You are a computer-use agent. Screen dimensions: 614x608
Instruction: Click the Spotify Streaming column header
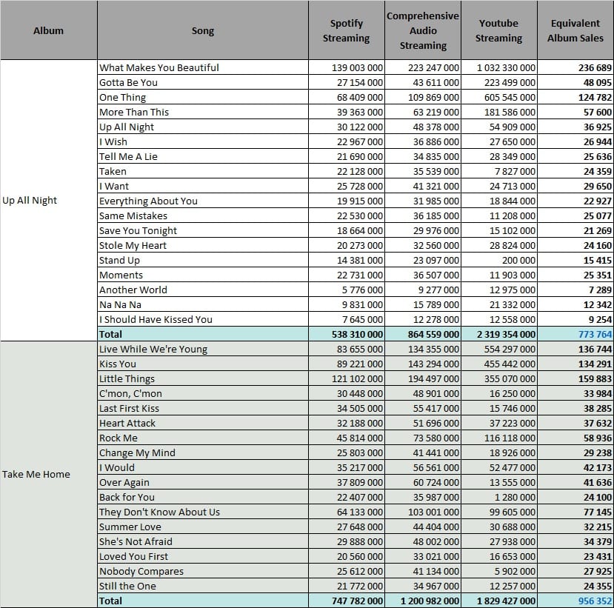click(346, 30)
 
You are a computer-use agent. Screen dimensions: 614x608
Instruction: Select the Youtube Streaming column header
click(498, 30)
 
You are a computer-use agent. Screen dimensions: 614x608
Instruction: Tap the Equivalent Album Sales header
click(575, 30)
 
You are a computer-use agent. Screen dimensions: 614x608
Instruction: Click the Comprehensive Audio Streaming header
click(422, 30)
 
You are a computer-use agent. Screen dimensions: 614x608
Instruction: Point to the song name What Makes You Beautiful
click(159, 67)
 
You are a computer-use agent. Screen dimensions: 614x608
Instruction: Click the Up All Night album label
click(30, 201)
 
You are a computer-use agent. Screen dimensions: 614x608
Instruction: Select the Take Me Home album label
click(36, 474)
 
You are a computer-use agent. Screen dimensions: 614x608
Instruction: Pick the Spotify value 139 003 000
click(357, 67)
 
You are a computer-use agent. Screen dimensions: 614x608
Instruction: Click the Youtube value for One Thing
click(510, 98)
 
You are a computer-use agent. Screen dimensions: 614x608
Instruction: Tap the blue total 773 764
click(595, 334)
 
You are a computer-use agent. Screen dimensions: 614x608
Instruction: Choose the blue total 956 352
click(595, 601)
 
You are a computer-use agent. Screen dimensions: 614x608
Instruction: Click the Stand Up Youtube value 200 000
click(518, 261)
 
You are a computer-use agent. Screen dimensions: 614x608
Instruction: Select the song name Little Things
click(127, 379)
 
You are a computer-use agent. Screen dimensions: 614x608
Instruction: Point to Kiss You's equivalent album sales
click(595, 364)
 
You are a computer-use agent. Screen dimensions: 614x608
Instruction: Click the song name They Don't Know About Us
click(159, 512)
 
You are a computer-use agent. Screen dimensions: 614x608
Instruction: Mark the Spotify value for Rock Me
click(359, 438)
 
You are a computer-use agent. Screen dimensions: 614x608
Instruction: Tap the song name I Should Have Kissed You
click(156, 319)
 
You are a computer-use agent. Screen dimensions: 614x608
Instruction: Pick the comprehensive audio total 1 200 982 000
click(430, 601)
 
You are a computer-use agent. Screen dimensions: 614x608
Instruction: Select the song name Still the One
click(127, 586)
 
